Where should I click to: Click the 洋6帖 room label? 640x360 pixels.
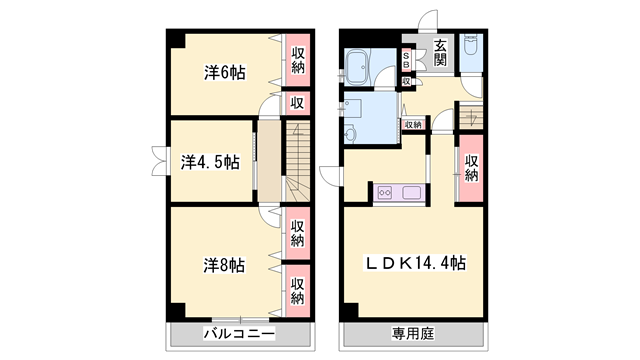click(226, 72)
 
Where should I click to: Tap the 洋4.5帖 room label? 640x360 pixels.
click(210, 162)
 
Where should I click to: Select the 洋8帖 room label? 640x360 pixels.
click(225, 264)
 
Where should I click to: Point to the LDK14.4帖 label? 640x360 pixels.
click(415, 263)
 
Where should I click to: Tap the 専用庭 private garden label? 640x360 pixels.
click(415, 333)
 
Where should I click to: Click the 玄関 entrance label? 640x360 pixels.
click(442, 50)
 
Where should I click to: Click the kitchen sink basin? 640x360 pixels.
click(411, 193)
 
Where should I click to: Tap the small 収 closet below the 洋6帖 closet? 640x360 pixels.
click(297, 102)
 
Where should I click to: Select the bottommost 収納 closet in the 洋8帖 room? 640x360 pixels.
click(298, 290)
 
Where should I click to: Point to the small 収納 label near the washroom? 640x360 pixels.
click(413, 124)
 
